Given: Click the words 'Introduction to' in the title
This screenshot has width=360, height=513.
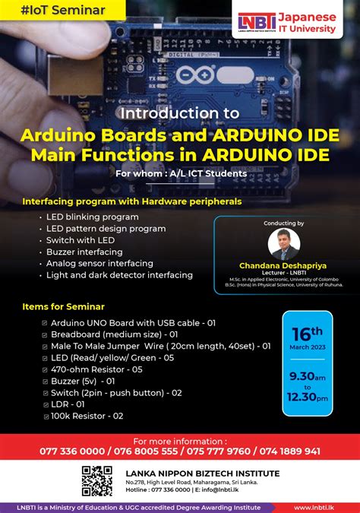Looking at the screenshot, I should pyautogui.click(x=180, y=112).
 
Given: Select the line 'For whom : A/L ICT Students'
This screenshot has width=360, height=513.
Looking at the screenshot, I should pyautogui.click(x=181, y=173).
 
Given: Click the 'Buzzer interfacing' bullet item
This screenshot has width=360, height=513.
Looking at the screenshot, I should pyautogui.click(x=84, y=252).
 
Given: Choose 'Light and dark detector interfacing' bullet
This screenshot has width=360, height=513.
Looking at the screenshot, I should pyautogui.click(x=119, y=275).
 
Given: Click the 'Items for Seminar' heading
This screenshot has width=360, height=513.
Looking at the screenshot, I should pyautogui.click(x=64, y=306).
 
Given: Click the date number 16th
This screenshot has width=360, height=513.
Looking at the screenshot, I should pyautogui.click(x=307, y=332).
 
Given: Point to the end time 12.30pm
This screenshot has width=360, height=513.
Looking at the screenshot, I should pyautogui.click(x=307, y=397).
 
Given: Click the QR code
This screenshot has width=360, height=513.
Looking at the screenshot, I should pyautogui.click(x=96, y=480).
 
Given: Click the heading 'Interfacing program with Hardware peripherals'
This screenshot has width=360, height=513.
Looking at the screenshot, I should pyautogui.click(x=132, y=201).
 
